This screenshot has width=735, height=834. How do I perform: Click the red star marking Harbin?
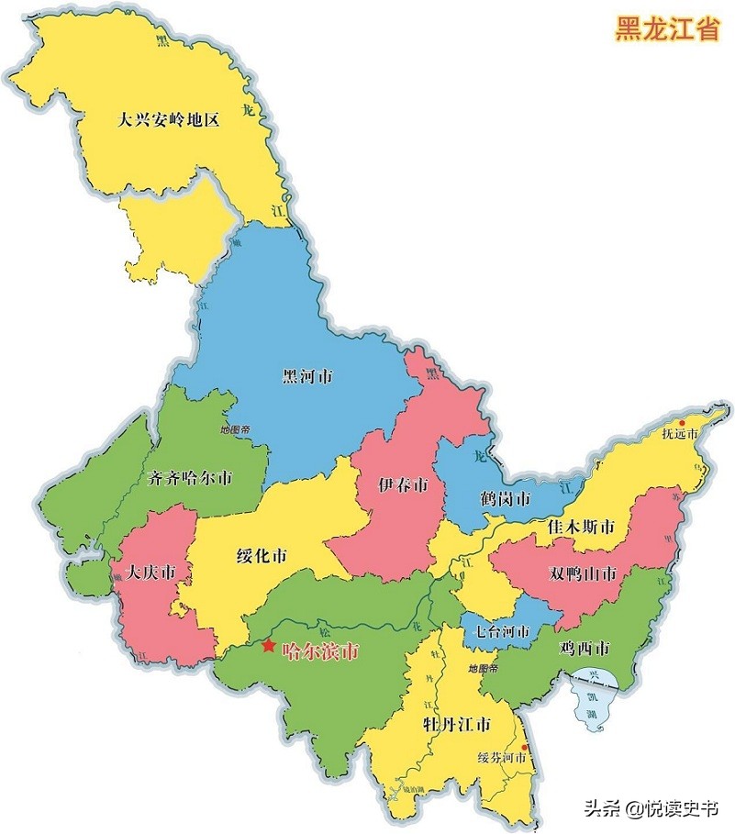pyautogui.click(x=268, y=646)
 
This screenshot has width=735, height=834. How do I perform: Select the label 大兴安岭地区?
pyautogui.click(x=169, y=119)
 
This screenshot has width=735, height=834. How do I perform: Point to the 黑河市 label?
pyautogui.click(x=307, y=376)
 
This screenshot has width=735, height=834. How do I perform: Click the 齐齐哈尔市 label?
pyautogui.click(x=189, y=478)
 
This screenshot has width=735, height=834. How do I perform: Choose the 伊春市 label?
pyautogui.click(x=403, y=484)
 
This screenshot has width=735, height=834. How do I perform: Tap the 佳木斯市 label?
pyautogui.click(x=581, y=528)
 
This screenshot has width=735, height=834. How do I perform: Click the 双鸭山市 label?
pyautogui.click(x=584, y=574)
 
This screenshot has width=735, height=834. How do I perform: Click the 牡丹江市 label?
pyautogui.click(x=456, y=724)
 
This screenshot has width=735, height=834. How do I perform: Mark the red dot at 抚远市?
pyautogui.click(x=682, y=422)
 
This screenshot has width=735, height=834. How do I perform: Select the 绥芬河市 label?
pyautogui.click(x=502, y=759)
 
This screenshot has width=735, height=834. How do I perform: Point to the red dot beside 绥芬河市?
pyautogui.click(x=525, y=747)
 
